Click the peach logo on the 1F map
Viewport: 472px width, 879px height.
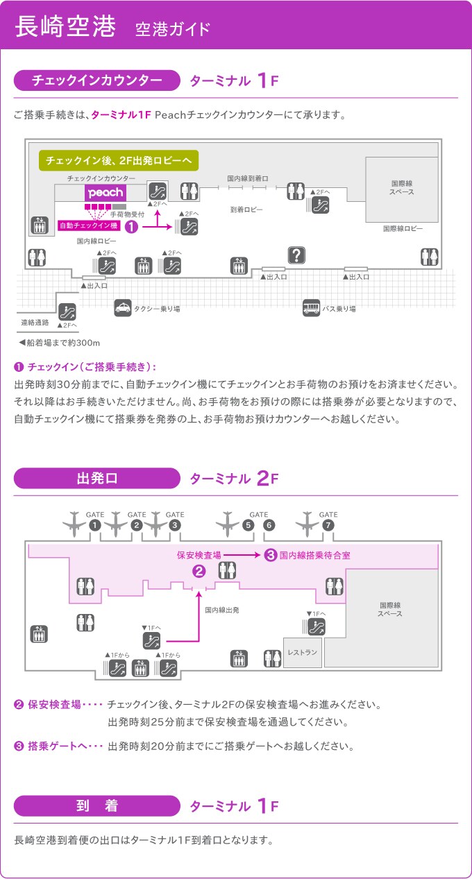point(106,193)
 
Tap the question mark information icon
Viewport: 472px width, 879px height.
point(296,255)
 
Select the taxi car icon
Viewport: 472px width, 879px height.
point(123,307)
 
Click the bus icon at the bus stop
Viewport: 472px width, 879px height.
point(312,307)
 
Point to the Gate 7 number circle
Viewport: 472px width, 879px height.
point(328,524)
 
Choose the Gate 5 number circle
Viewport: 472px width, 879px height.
point(248,524)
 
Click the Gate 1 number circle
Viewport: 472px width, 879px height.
point(95,524)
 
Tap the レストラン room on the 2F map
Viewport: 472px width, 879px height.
point(303,652)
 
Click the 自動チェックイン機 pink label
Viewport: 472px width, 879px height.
point(89,225)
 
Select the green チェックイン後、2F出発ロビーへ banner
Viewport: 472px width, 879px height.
point(119,160)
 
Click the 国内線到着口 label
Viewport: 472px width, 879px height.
point(248,178)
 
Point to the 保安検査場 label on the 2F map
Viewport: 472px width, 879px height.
point(199,555)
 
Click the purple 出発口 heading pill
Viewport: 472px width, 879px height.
point(97,478)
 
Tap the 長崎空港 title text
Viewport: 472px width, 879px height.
point(65,26)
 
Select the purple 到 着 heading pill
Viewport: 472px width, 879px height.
point(97,805)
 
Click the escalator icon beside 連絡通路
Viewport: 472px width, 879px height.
point(67,312)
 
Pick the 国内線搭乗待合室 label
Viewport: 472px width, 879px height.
point(315,555)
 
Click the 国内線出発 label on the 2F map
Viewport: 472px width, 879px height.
point(222,610)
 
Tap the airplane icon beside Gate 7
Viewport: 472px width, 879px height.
point(307,524)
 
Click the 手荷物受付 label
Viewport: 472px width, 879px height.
point(127,214)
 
